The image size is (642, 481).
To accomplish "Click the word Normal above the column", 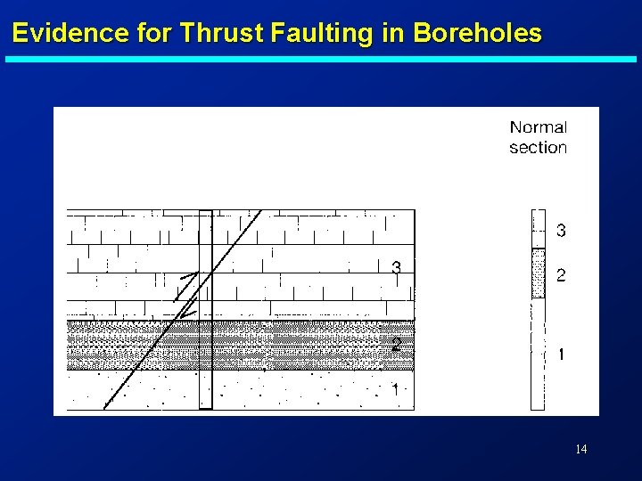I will [538, 127].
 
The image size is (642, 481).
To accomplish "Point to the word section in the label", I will [538, 148].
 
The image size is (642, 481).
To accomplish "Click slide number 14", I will [580, 449].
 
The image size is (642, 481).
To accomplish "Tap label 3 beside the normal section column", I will [561, 232].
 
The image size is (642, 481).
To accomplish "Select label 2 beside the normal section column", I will [561, 276].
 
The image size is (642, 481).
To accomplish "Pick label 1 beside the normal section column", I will [561, 355].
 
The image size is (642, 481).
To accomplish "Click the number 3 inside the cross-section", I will [396, 267].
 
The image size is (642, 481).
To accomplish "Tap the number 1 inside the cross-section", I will [396, 389].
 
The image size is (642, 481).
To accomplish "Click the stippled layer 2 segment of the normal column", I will [538, 274].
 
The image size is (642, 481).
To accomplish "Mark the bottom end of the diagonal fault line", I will [104, 407].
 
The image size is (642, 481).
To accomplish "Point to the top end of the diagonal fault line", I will [260, 211].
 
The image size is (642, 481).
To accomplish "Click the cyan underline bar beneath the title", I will [321, 60].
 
